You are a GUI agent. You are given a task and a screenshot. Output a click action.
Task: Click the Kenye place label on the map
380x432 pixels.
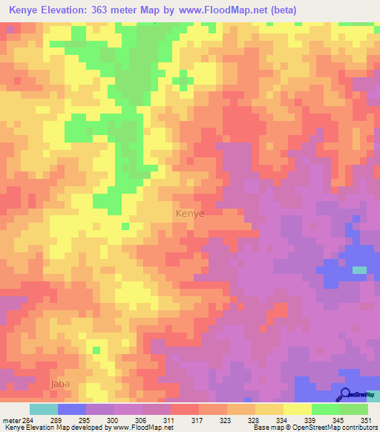pos(190,213)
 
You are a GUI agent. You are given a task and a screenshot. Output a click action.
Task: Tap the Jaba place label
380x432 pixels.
pos(59,384)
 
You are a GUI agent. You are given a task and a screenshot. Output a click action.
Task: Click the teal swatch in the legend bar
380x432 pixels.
pos(44,409)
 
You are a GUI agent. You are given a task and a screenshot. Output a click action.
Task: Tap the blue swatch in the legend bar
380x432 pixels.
pos(72,409)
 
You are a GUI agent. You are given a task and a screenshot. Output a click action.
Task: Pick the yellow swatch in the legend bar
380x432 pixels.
pos(298,409)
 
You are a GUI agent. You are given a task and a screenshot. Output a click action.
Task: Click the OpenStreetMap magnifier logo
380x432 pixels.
pos(346,394)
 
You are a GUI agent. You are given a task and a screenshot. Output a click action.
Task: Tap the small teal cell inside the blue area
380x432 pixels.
pos(359,270)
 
